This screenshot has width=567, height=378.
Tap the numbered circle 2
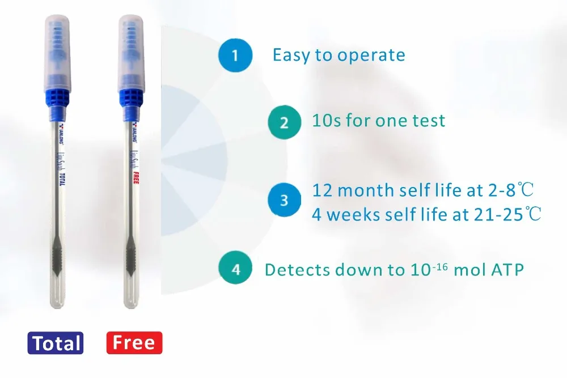click(x=284, y=122)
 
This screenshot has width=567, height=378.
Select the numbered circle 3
click(x=284, y=201)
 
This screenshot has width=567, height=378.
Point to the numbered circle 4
click(x=236, y=269)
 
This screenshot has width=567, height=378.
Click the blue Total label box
click(x=56, y=343)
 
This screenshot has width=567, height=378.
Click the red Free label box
click(x=134, y=343)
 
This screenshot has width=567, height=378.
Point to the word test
click(x=428, y=121)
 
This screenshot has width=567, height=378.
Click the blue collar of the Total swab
click(x=56, y=96)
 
